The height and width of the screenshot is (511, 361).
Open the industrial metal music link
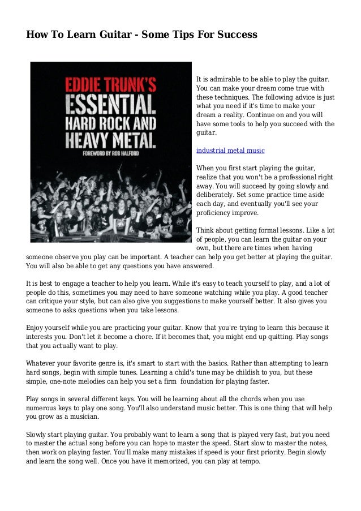pyautogui.click(x=230, y=151)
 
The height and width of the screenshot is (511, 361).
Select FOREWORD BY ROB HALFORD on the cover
pyautogui.click(x=110, y=152)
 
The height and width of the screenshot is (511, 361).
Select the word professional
pyautogui.click(x=297, y=177)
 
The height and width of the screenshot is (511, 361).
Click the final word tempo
pyautogui.click(x=247, y=461)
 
